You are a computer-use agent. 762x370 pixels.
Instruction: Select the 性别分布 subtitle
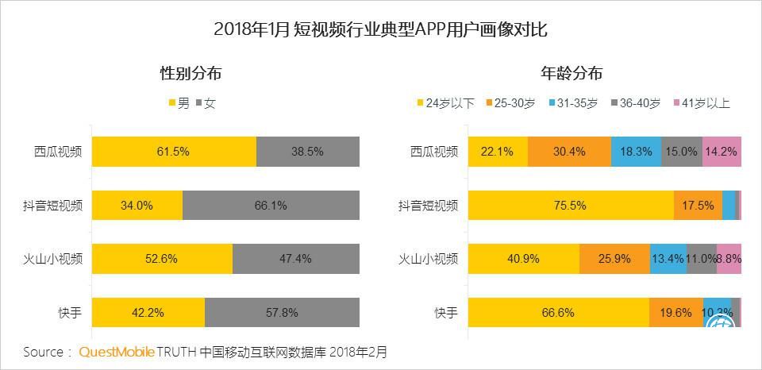(x=190, y=73)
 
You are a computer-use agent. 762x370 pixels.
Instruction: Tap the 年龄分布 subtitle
(x=571, y=73)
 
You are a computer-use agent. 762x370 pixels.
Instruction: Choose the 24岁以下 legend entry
(x=445, y=102)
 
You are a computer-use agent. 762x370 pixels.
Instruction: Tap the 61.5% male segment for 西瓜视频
(x=174, y=152)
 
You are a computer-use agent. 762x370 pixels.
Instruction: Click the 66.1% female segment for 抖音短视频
(x=271, y=206)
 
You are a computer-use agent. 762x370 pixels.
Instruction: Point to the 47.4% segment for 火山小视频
(x=295, y=259)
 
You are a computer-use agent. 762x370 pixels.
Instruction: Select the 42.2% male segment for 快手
(x=148, y=312)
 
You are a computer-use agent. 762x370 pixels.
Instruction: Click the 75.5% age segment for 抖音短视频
(x=571, y=206)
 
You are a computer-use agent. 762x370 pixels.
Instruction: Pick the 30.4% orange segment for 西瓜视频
(x=569, y=152)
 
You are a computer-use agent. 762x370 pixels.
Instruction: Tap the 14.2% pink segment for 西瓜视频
(x=722, y=152)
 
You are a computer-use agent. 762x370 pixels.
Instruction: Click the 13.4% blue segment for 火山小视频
(x=668, y=259)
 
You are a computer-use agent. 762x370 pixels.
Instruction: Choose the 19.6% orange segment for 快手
(x=675, y=312)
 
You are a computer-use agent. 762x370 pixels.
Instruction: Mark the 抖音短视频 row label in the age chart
(x=429, y=206)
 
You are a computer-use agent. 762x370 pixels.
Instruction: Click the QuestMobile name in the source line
(x=116, y=351)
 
